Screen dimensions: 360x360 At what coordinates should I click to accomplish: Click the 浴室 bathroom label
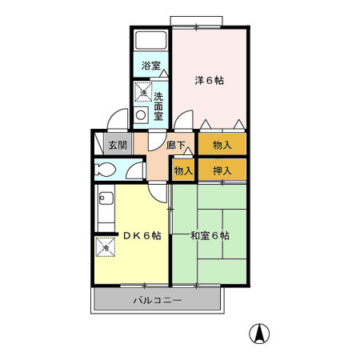(x=150, y=65)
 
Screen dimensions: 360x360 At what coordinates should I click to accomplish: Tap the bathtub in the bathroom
(x=150, y=41)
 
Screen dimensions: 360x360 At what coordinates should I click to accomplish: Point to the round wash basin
(x=142, y=114)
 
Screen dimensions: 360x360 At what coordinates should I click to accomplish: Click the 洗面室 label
(x=158, y=105)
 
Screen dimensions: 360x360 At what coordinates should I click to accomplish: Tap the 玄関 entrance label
(x=118, y=146)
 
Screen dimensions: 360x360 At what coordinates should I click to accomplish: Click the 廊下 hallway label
(x=177, y=146)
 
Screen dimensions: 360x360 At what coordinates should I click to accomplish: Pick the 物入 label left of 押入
(x=183, y=170)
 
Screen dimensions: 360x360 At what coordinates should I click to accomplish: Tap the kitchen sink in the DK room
(x=106, y=210)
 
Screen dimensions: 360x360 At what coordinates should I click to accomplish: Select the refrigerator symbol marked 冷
(x=105, y=248)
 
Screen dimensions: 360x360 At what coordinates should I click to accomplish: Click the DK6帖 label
(x=142, y=236)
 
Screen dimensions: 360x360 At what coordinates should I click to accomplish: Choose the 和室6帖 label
(x=210, y=236)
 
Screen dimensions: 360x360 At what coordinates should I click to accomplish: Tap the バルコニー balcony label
(x=157, y=301)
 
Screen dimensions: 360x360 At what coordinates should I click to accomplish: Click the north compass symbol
(x=261, y=333)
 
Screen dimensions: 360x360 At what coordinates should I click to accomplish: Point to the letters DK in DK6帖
(x=130, y=236)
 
